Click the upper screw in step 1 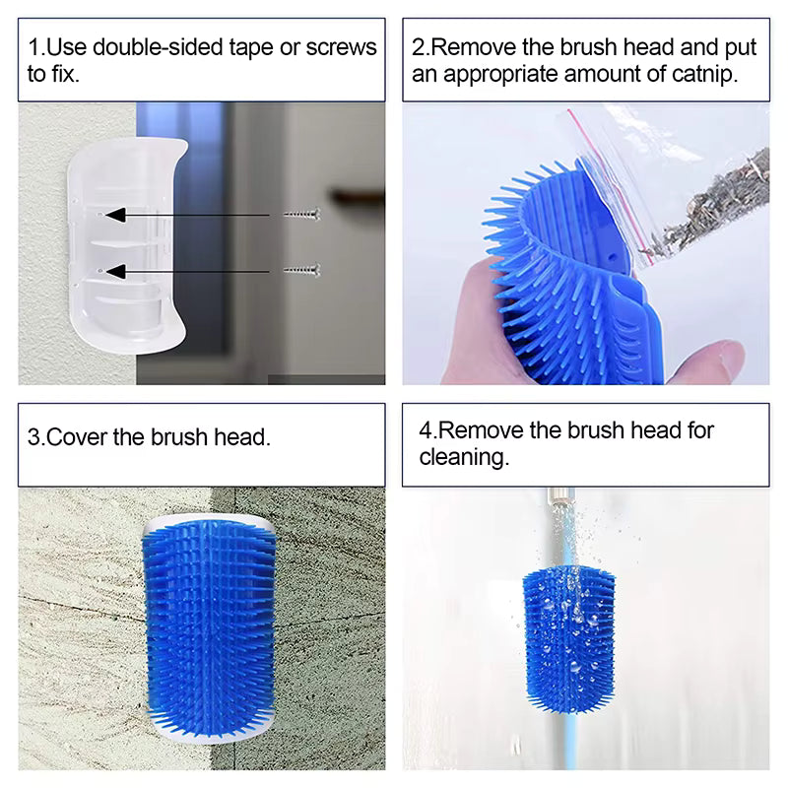tap(300, 214)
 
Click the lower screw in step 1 tap(300, 269)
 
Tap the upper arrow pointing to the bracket tap(187, 214)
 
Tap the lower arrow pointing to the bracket tap(187, 269)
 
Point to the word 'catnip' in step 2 tap(701, 74)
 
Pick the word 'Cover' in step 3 tap(77, 436)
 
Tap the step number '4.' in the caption tap(427, 429)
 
